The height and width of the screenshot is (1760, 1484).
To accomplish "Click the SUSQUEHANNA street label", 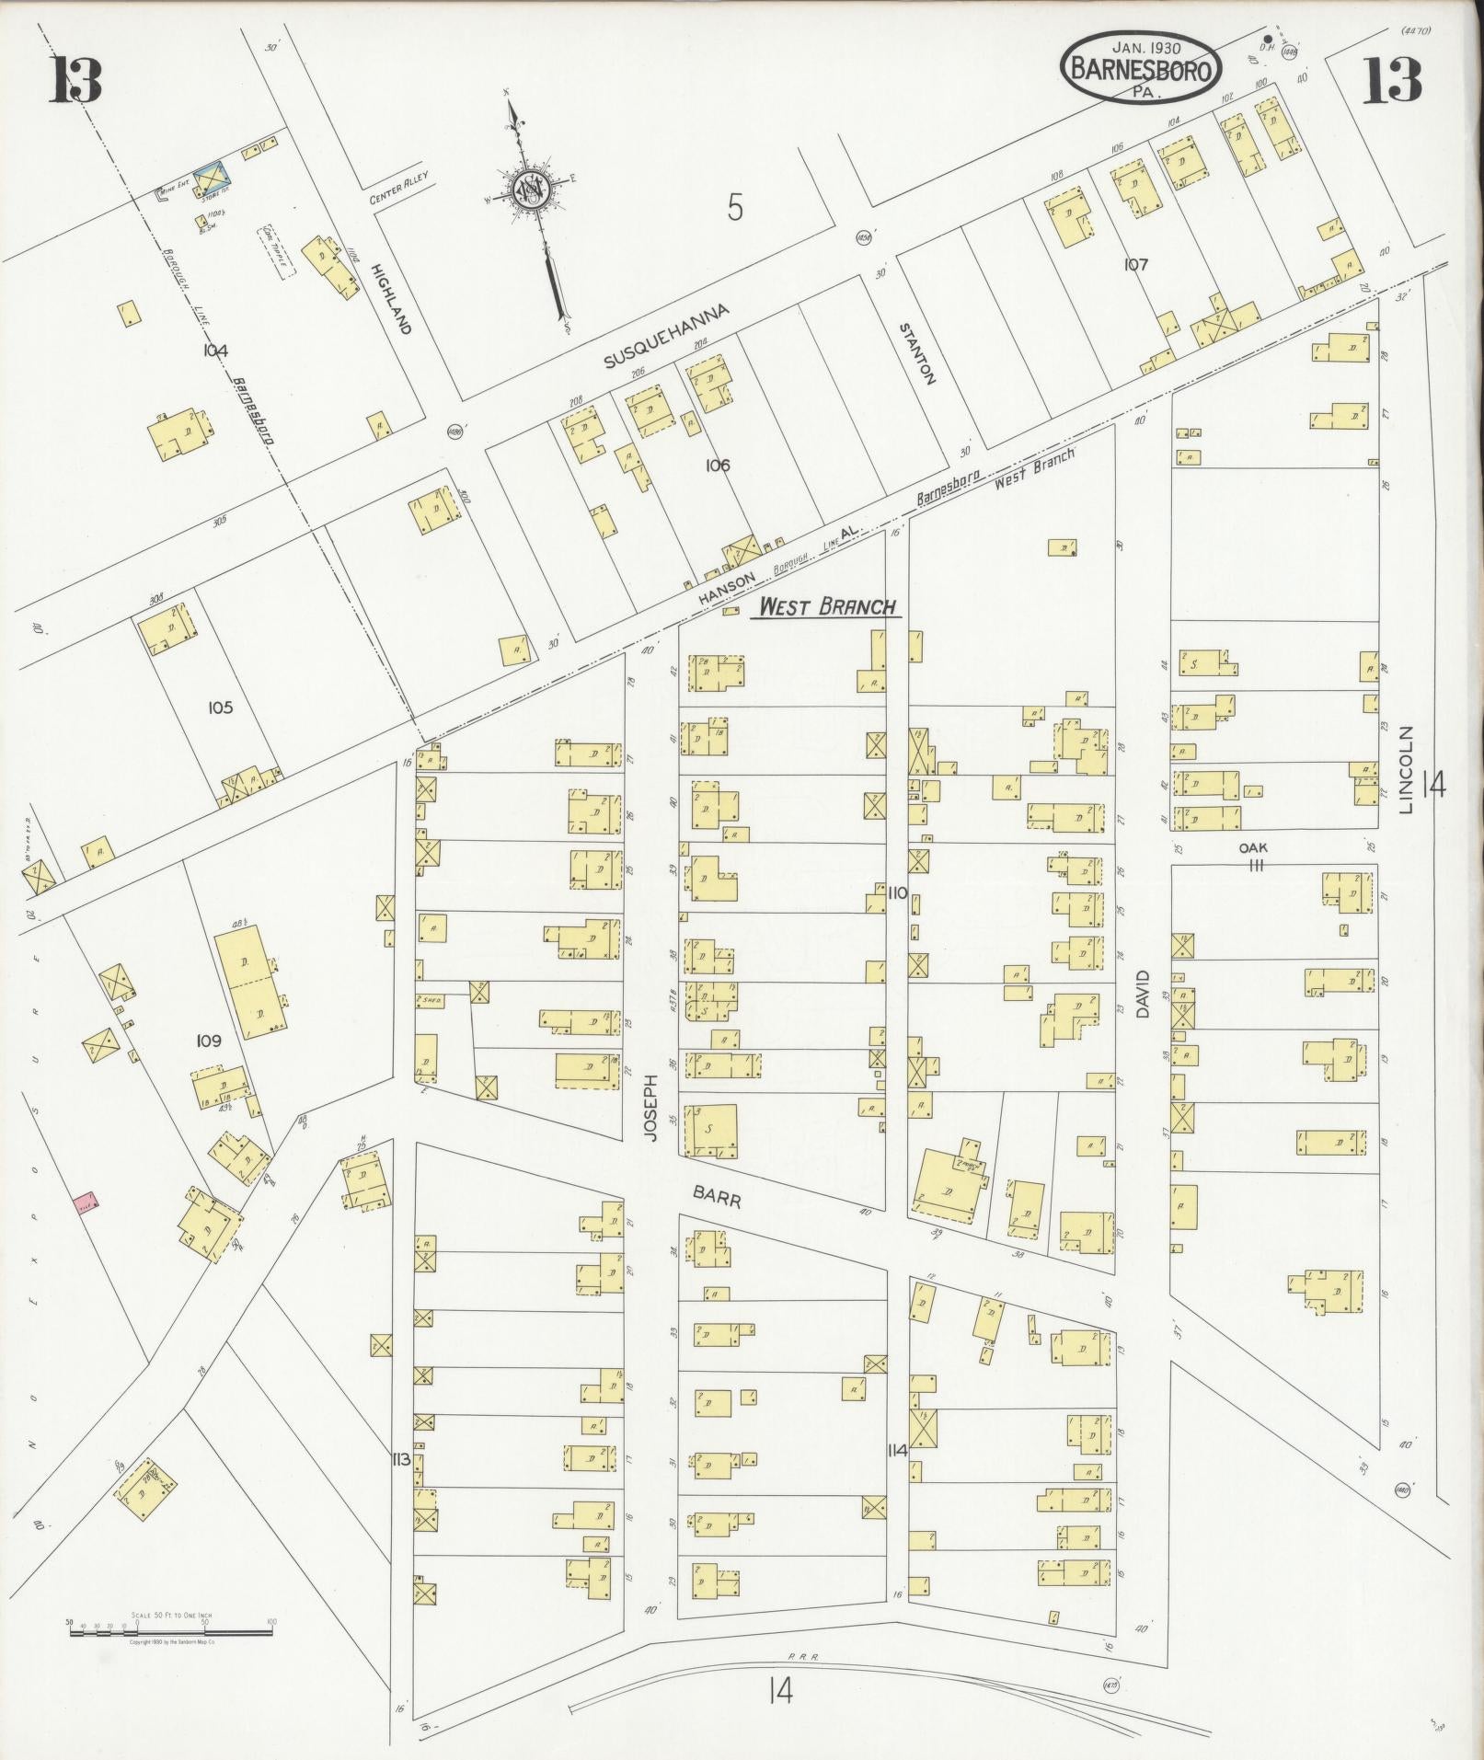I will pos(666,335).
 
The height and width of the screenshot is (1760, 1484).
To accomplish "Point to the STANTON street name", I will pos(917,352).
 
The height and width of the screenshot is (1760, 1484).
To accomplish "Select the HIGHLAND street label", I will pos(389,298).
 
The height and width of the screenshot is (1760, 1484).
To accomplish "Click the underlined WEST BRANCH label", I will pos(825,606).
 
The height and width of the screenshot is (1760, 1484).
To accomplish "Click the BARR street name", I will pos(717,1195).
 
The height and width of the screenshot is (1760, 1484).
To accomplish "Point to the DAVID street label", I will pos(1144,994).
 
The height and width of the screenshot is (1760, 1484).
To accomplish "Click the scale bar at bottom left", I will pos(170,988).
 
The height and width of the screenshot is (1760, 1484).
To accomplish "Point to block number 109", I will pos(209,1041).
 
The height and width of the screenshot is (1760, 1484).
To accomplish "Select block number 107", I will pos(1136,264).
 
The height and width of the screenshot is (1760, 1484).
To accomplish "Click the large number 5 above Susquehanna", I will pos(734,208).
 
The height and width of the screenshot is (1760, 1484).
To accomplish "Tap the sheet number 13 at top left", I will pos(75,82).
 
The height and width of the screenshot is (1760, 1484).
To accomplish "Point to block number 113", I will pos(399,1459).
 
